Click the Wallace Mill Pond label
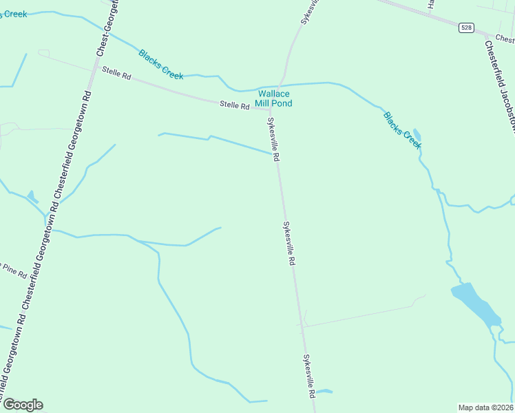pyautogui.click(x=275, y=98)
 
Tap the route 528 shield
pyautogui.click(x=466, y=28)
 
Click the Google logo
pyautogui.click(x=23, y=405)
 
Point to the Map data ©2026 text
pyautogui.click(x=485, y=407)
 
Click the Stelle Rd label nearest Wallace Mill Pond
pyautogui.click(x=234, y=105)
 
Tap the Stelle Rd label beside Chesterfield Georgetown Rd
pyautogui.click(x=116, y=72)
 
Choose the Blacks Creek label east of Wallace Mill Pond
pyautogui.click(x=402, y=129)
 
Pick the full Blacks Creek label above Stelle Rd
pyautogui.click(x=160, y=64)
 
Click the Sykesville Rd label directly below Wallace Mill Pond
pyautogui.click(x=273, y=139)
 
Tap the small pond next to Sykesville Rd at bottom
pyautogui.click(x=323, y=392)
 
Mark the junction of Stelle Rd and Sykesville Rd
pyautogui.click(x=270, y=108)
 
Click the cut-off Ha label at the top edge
pyautogui.click(x=431, y=5)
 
